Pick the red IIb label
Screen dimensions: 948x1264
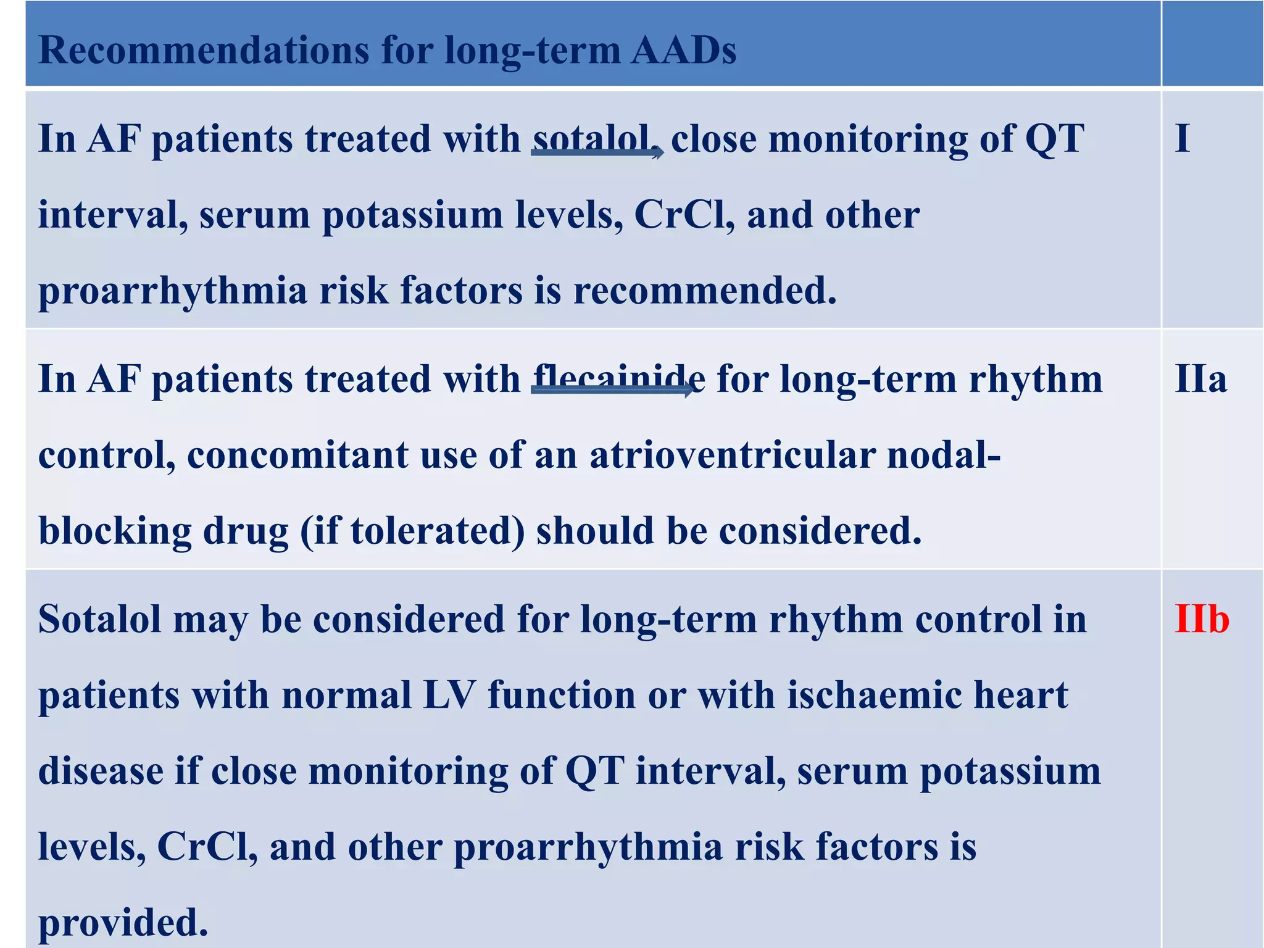tap(1202, 619)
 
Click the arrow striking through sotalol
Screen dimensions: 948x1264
tap(597, 152)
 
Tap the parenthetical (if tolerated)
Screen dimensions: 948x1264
tap(412, 531)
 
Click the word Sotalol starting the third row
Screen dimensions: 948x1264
tap(99, 619)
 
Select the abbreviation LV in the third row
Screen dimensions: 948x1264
tap(449, 695)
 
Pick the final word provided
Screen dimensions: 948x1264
tap(123, 923)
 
